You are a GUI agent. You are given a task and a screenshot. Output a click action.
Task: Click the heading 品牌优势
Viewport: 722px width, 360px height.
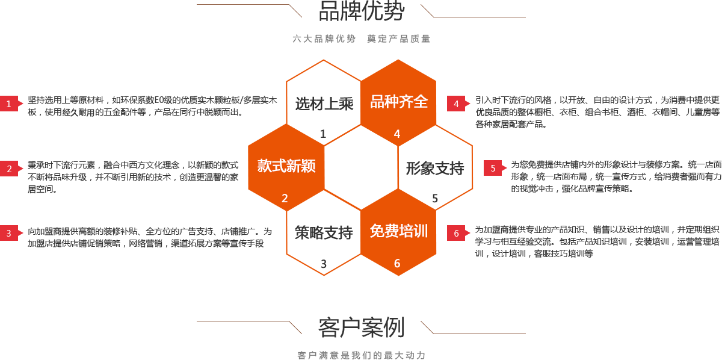[361, 11]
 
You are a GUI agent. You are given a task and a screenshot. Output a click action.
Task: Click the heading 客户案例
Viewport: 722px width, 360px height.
[361, 327]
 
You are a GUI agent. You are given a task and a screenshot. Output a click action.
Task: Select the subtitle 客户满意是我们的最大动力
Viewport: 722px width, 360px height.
[361, 355]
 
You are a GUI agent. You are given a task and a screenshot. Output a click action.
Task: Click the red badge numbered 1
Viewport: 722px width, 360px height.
[9, 104]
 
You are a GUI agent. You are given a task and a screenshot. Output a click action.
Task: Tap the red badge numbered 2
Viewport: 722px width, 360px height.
[9, 169]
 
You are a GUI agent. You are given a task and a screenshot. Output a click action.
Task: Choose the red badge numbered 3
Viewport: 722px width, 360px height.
[9, 234]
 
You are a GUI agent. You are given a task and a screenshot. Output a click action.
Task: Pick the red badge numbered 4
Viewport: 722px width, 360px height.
[456, 104]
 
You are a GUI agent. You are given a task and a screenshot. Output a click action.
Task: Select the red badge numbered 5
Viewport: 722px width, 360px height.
[493, 169]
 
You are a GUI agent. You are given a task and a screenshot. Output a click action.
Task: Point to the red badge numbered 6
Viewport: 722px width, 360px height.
[456, 234]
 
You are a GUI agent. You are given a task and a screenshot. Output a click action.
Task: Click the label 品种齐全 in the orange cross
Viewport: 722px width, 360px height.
[398, 102]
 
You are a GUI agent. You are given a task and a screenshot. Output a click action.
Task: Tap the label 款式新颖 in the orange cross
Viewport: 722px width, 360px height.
[286, 166]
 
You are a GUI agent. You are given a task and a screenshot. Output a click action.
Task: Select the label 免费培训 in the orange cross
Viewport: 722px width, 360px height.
[398, 231]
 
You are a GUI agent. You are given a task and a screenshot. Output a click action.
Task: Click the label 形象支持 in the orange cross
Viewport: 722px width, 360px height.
[434, 169]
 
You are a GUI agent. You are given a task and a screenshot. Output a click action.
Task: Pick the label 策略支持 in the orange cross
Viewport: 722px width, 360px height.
[324, 232]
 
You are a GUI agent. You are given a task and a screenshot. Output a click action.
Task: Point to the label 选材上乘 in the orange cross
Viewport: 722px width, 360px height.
[324, 104]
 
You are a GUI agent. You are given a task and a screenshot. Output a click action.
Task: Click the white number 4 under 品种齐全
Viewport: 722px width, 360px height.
[397, 134]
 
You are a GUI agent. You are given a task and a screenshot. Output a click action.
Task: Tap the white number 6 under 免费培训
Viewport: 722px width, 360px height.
[397, 263]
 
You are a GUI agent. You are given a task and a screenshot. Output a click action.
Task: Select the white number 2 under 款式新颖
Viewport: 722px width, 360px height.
[285, 198]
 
